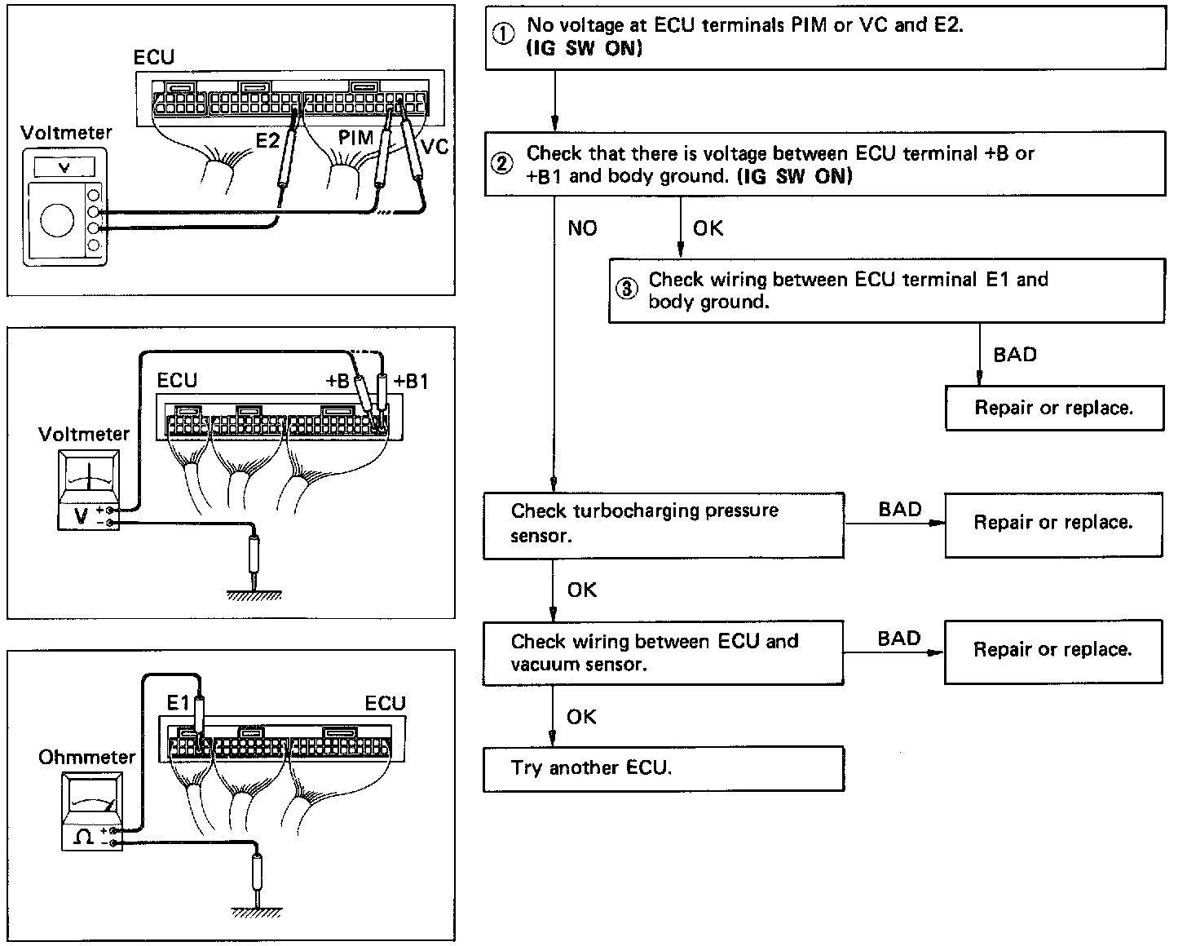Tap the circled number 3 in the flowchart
[x=626, y=290]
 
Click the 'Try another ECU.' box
[x=663, y=768]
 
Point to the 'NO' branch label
[x=582, y=228]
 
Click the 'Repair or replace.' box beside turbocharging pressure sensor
[x=1052, y=523]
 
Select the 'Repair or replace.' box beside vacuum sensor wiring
[x=1052, y=650]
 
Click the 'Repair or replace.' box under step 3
[x=1053, y=408]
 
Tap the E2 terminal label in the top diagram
[x=267, y=141]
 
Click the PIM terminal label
[x=355, y=139]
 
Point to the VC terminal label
[x=434, y=147]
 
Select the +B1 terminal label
[x=411, y=382]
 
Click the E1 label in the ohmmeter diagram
[x=179, y=703]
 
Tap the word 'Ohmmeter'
[x=86, y=757]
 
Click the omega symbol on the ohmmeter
[x=84, y=838]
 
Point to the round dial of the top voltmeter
[x=57, y=220]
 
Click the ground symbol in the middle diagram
[x=256, y=593]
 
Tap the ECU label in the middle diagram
[x=177, y=381]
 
